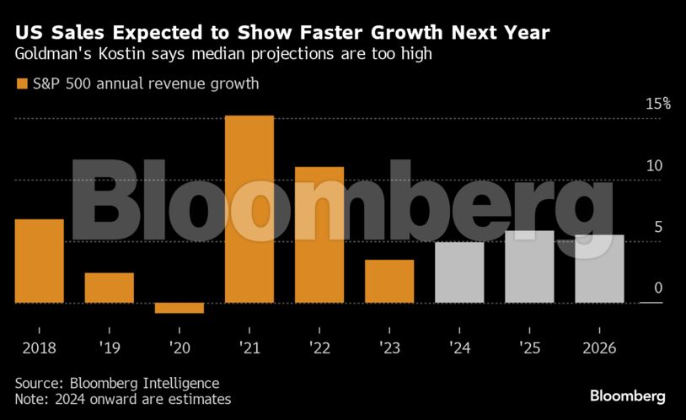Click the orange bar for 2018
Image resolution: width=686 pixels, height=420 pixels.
coord(40,261)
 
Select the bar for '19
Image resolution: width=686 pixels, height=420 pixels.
coord(110,288)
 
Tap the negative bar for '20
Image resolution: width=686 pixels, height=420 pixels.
coord(180,308)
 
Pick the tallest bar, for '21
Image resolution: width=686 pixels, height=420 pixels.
coord(249,209)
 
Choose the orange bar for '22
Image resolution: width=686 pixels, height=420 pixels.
coord(319,234)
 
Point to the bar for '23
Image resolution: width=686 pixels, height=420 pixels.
coord(389,281)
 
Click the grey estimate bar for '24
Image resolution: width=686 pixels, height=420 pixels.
coord(459,272)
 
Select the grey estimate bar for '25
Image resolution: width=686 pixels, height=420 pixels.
coord(529,267)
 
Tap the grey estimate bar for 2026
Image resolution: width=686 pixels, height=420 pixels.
coord(599,268)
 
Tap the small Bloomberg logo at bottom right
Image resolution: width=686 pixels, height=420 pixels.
coord(627,395)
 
